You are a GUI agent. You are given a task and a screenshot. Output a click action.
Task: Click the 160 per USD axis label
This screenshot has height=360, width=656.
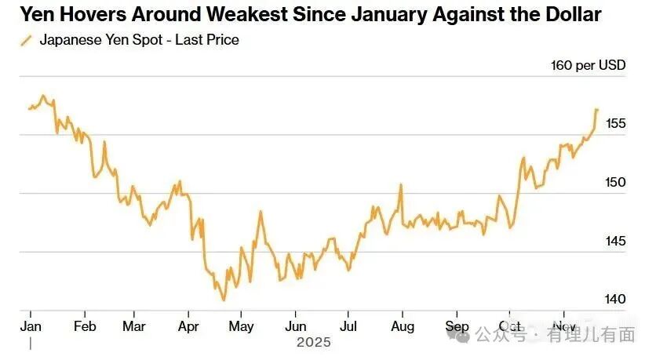[x=589, y=65]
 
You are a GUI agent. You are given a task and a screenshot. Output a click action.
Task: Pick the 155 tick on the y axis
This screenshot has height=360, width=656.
[x=615, y=123]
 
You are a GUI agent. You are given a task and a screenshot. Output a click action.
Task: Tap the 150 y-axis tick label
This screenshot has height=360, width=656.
[x=615, y=182]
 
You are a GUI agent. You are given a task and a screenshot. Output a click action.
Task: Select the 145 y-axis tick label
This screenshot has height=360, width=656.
[x=615, y=241]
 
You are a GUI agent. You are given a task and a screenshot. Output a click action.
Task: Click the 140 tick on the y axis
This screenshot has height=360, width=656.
[x=615, y=300]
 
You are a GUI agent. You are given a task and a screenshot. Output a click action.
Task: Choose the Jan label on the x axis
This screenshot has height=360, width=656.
[x=30, y=326]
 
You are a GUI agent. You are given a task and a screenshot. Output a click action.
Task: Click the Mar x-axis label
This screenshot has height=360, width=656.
[x=135, y=326]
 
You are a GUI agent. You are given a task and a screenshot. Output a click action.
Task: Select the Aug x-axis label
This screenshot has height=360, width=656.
[x=402, y=326]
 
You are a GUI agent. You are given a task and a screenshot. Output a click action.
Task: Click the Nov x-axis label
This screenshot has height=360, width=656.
[x=563, y=326]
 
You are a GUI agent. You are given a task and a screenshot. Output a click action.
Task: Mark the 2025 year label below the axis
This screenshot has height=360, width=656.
[x=314, y=343]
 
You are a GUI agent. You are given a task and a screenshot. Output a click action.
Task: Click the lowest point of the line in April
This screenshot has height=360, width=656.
[x=224, y=300]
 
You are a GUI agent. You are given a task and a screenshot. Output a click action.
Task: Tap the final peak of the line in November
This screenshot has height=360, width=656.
[x=596, y=110]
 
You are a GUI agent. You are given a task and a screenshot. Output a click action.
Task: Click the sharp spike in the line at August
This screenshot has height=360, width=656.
[x=401, y=185]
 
